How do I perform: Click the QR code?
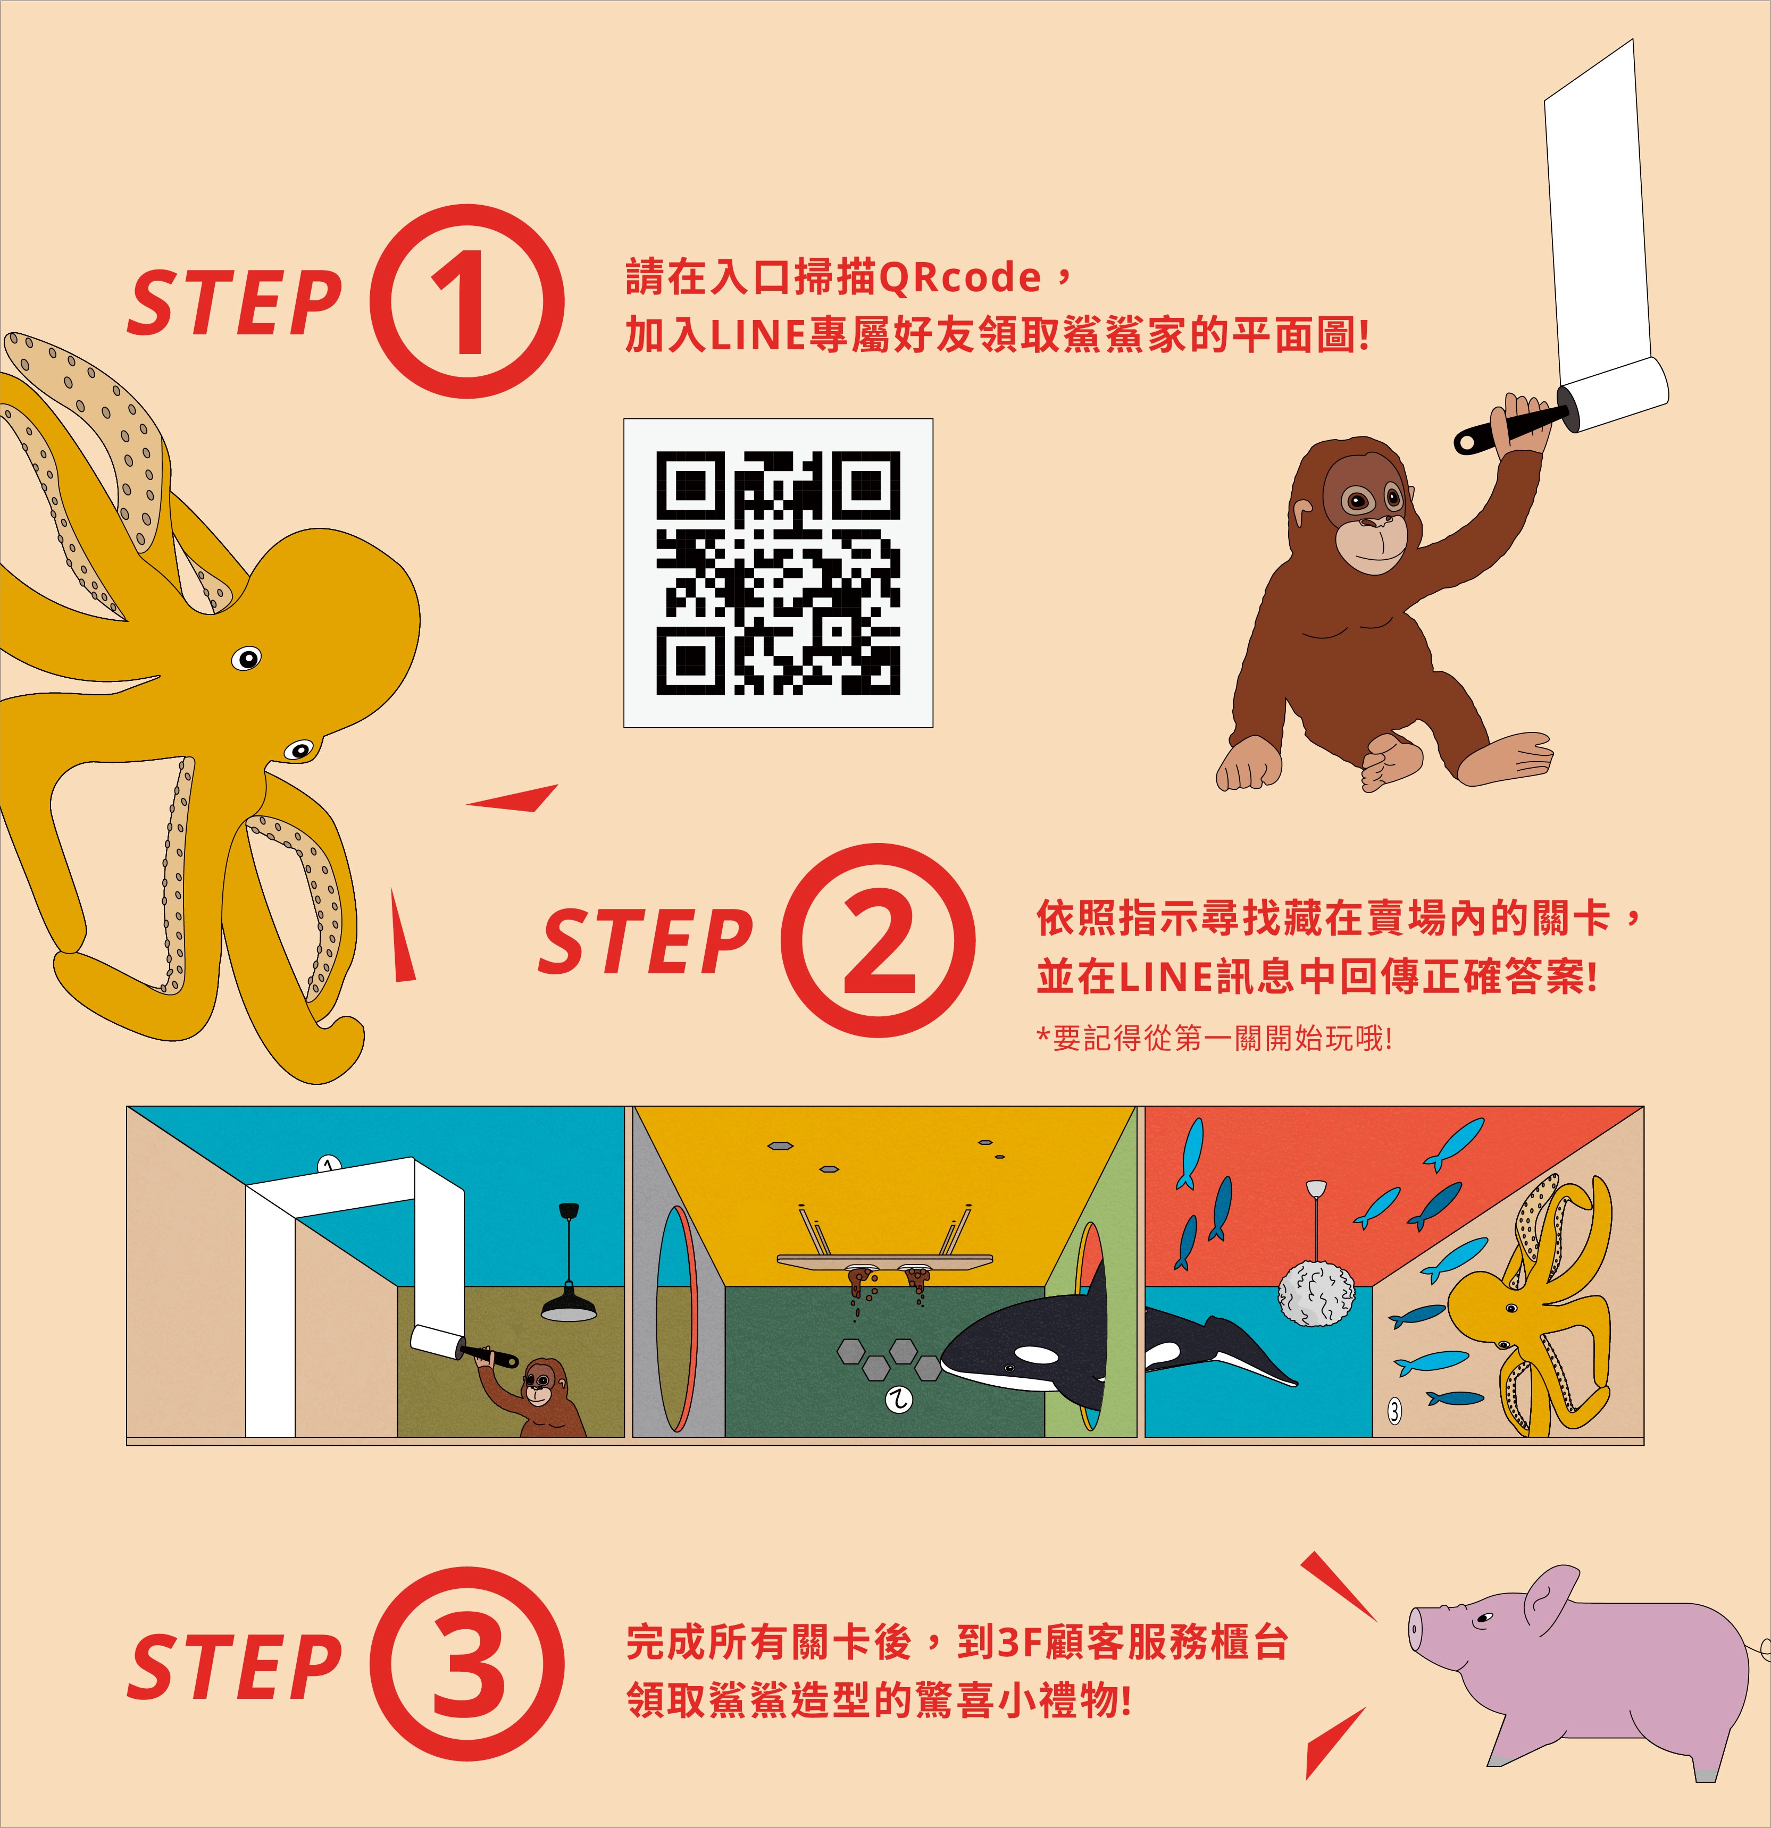(x=778, y=572)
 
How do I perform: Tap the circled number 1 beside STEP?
(x=466, y=301)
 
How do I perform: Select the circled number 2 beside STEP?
(x=877, y=940)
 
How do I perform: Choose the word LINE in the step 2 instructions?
(x=1166, y=976)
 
